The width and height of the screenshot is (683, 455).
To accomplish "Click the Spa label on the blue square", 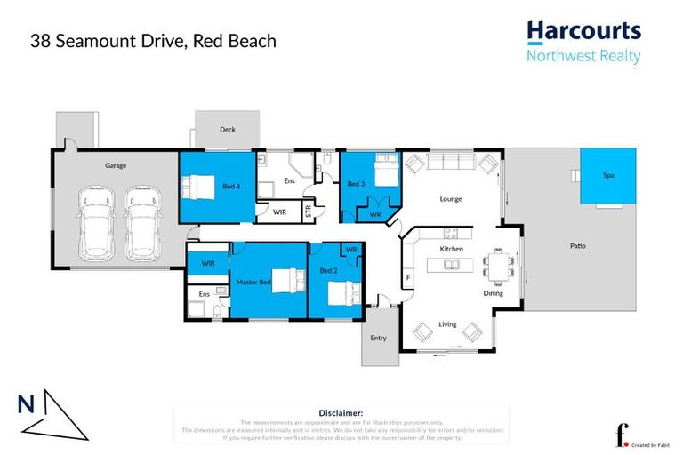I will pos(608,176).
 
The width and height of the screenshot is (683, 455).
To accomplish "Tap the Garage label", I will pos(115,165).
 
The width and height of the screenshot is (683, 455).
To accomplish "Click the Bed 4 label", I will pos(230,185).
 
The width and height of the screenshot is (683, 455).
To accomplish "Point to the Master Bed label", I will pos(253,282).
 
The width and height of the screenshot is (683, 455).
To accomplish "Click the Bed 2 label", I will pos(328,270).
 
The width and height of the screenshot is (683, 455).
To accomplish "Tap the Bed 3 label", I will pos(356,184).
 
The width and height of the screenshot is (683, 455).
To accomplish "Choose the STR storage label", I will pos(309,212).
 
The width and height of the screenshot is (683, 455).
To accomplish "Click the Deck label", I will pos(228,130).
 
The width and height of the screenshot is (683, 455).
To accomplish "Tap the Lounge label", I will pos(451,199).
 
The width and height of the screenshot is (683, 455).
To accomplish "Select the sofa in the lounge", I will pos(452,163).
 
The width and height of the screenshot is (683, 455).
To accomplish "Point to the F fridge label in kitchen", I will pos(408,278).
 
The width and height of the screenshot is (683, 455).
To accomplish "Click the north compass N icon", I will pos(26,405).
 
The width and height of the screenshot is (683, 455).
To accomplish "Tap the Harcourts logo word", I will pos(583,31).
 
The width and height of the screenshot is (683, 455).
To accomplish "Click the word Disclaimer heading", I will pos(341,413).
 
